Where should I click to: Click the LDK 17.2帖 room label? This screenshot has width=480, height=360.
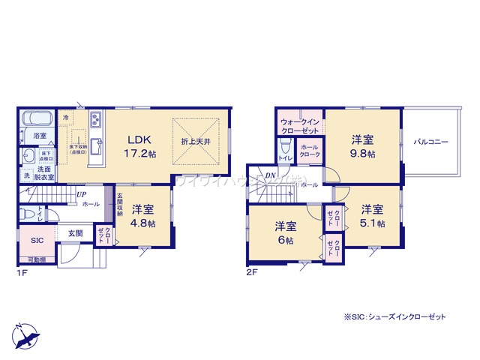click(x=140, y=145)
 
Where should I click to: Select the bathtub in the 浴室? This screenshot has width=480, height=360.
click(x=35, y=120)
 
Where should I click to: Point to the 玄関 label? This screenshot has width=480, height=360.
click(x=75, y=233)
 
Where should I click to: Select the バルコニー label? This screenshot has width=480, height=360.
click(x=430, y=140)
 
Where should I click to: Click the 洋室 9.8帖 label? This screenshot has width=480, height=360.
click(x=364, y=145)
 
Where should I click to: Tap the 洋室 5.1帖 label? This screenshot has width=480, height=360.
click(x=370, y=216)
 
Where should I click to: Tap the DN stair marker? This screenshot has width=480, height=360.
click(x=271, y=178)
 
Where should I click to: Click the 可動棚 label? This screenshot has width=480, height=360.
click(x=35, y=259)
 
